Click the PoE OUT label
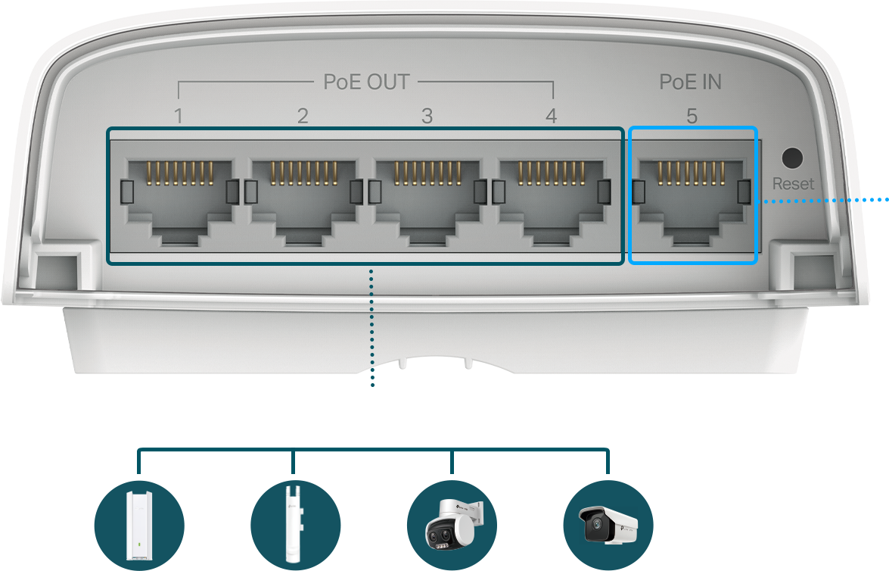pos(366,83)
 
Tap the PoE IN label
pos(690,83)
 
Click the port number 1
pos(179,116)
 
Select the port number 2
pos(303,116)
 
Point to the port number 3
pos(427,116)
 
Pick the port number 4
pos(551,116)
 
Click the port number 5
pos(692,116)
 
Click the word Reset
pos(793,184)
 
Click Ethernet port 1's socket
pos(180,201)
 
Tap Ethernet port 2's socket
pos(304,201)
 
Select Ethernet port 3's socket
pos(428,201)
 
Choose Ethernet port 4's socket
pos(552,201)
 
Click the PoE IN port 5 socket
pos(691,201)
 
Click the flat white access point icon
pos(139,525)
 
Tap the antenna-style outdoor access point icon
pos(295,525)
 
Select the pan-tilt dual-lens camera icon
pos(452,525)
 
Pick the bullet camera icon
pos(608,525)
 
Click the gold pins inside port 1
pos(180,173)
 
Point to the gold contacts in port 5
pos(691,173)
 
